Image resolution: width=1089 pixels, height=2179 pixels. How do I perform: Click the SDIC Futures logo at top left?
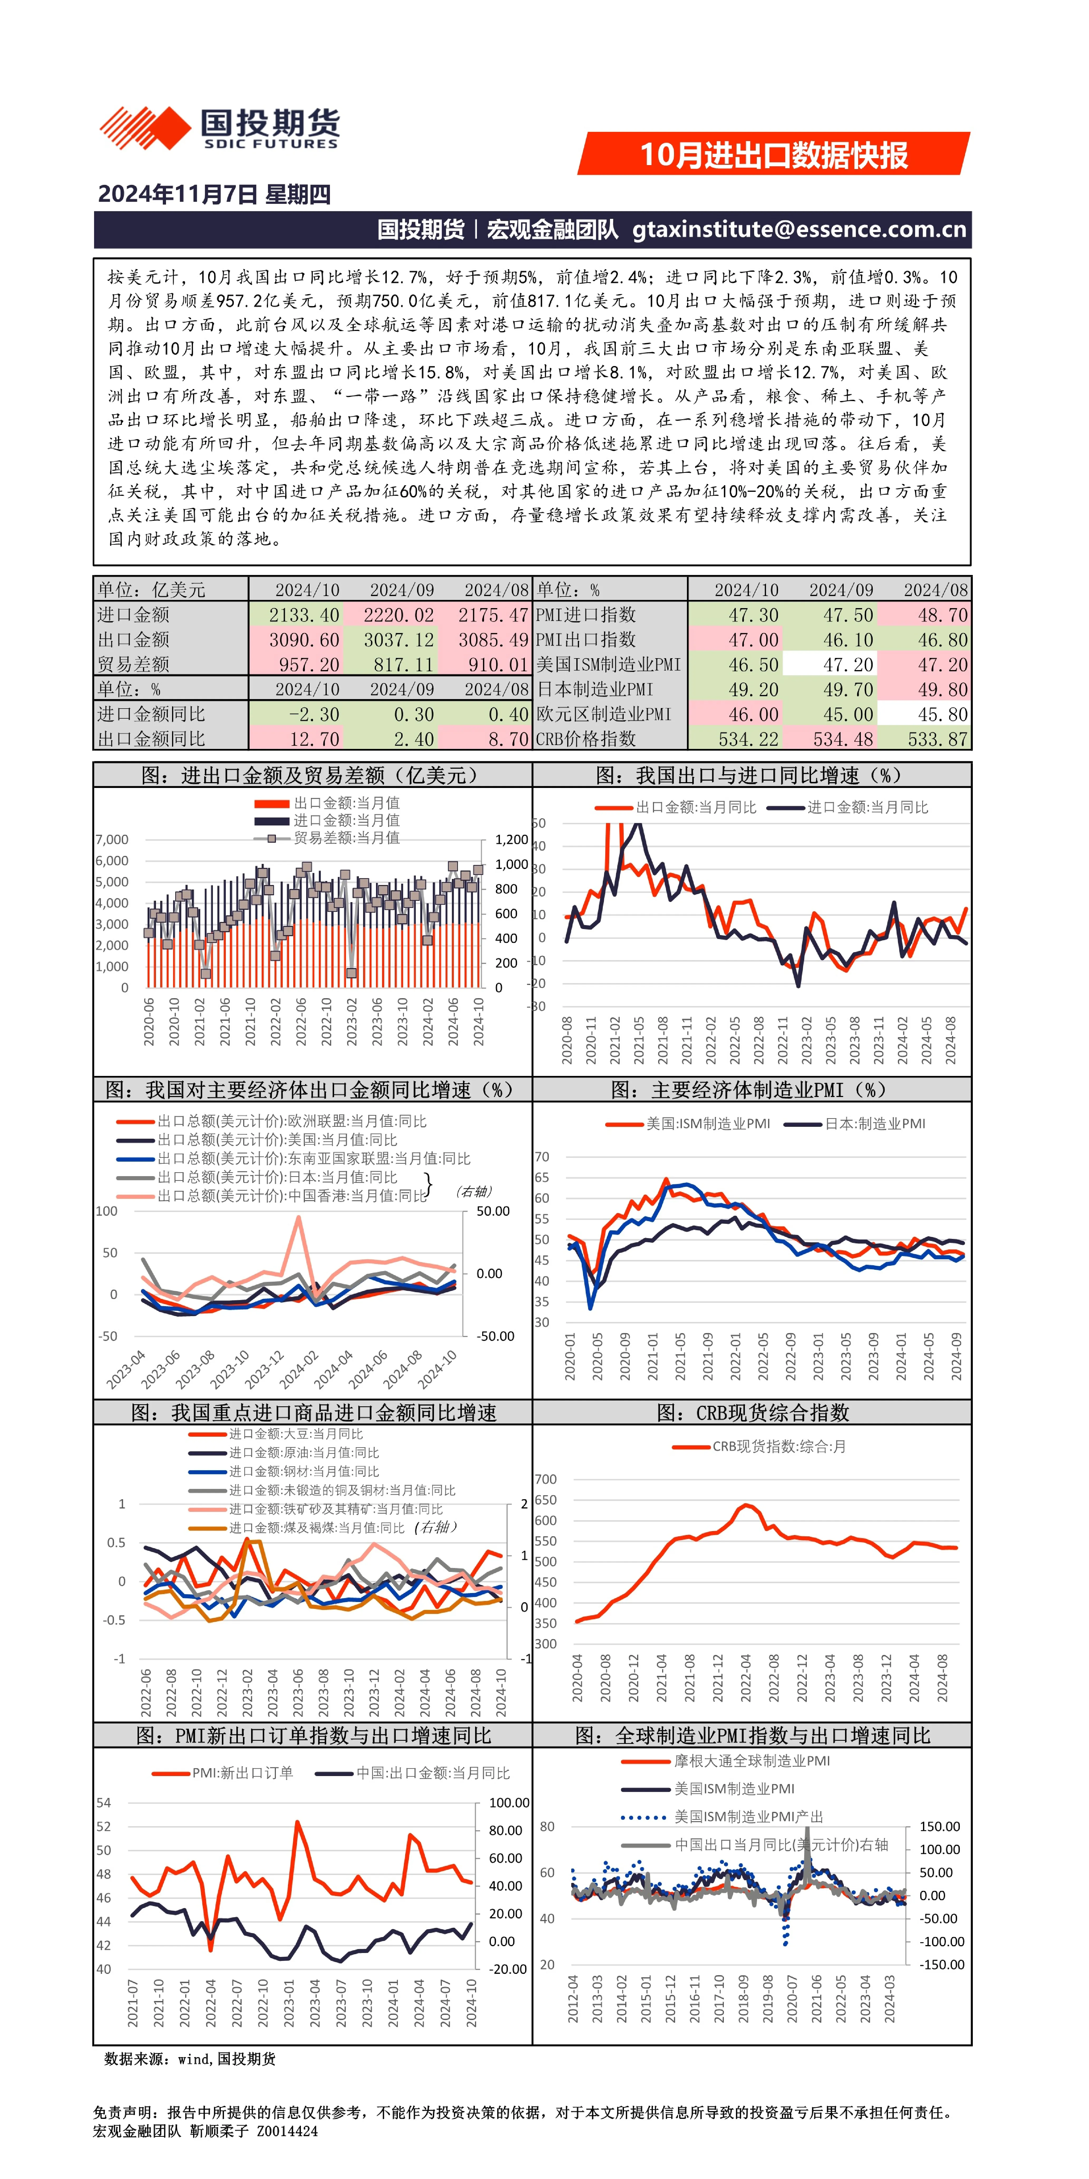220,129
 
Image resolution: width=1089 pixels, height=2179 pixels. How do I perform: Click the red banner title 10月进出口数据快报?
774,155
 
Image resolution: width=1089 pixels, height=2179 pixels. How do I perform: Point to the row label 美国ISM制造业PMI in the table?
609,665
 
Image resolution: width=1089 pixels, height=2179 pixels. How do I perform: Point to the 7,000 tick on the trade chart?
112,840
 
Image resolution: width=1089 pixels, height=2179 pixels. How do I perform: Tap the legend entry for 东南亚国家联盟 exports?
293,1159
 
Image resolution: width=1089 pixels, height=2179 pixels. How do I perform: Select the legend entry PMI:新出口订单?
222,1773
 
